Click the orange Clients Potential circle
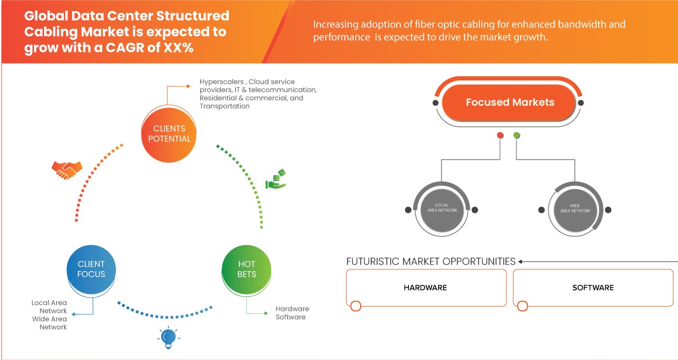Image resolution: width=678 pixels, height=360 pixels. click(169, 133)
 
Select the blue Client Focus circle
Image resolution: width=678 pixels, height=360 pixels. click(91, 269)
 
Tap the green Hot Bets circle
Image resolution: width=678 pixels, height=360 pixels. click(247, 269)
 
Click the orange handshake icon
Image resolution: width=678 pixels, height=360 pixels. click(67, 169)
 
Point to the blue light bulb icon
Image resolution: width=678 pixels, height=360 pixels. click(168, 337)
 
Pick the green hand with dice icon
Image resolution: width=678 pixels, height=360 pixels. click(275, 179)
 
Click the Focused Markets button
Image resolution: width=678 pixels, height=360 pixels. click(510, 102)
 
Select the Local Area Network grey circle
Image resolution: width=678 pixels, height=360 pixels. click(441, 208)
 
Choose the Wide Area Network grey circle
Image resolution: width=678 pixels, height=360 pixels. click(575, 208)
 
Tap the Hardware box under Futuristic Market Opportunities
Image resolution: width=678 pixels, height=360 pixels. click(425, 287)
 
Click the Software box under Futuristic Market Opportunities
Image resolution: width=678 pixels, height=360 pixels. click(593, 287)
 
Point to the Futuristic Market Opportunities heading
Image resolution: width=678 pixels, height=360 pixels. click(431, 262)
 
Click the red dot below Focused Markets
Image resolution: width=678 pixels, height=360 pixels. click(500, 136)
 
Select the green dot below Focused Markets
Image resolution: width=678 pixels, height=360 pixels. click(516, 136)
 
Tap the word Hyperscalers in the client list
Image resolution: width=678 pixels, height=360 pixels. click(221, 82)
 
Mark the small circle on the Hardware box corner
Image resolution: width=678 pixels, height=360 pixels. click(356, 306)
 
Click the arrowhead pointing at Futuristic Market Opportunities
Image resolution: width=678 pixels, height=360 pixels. click(521, 262)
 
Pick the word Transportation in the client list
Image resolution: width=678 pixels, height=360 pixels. click(225, 106)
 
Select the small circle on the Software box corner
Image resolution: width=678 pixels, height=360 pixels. click(523, 306)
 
